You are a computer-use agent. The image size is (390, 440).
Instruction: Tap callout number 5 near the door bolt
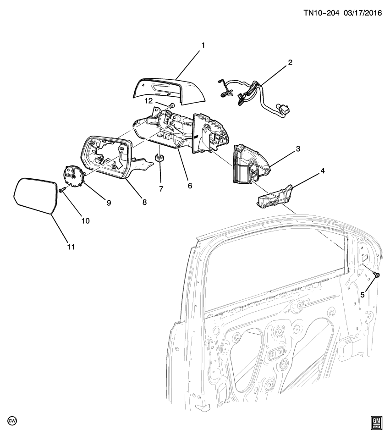pos(362,295)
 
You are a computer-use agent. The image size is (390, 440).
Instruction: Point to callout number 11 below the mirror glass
pos(70,247)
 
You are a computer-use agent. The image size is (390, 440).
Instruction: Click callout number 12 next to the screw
pos(148,101)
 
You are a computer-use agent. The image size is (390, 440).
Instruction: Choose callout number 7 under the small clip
pos(160,189)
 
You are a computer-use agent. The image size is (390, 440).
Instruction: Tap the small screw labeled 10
pos(62,189)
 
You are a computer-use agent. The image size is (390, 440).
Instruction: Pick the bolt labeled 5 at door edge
pos(376,275)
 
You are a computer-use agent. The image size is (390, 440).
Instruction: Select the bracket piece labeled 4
pos(273,196)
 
